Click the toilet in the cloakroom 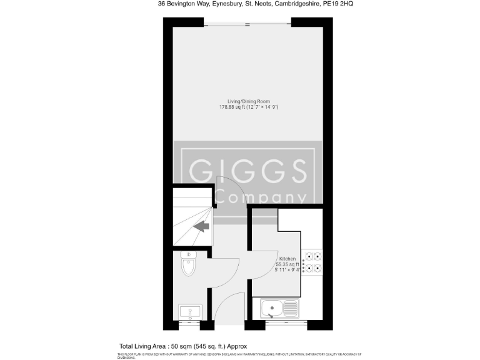tap(188, 266)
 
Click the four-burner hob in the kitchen tap(312, 262)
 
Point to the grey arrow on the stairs tap(201, 227)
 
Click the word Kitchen tap(287, 259)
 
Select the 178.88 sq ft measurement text tap(248, 107)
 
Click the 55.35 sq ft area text tap(288, 265)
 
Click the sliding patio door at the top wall tap(247, 24)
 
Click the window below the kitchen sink tap(286, 323)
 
